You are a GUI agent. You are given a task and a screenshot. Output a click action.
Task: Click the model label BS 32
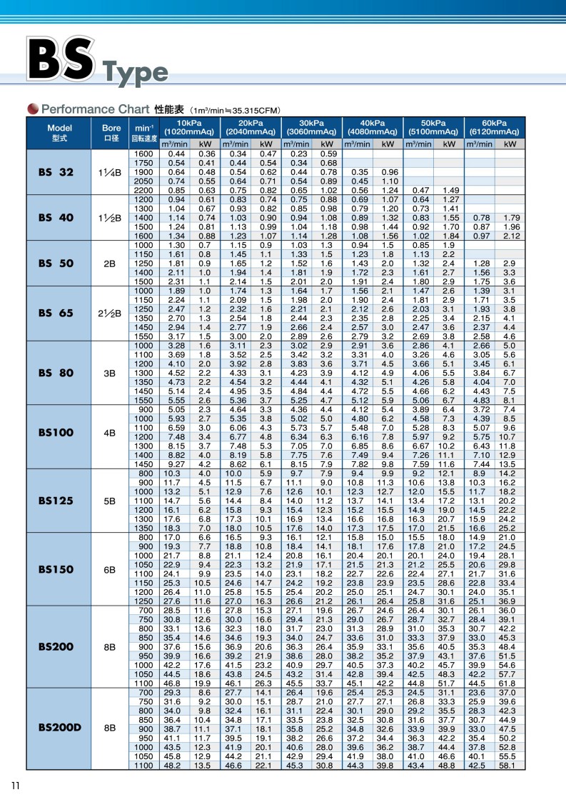(56, 172)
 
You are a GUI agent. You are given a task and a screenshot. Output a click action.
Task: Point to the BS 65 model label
(56, 312)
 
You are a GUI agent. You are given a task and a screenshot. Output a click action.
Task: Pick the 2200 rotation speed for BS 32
(143, 191)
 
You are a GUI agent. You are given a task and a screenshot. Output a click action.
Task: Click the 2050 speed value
(143, 181)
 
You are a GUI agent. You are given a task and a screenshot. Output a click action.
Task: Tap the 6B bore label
(110, 570)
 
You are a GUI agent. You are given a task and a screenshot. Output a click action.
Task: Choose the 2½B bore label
(110, 312)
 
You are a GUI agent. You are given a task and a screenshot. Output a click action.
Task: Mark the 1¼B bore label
(110, 173)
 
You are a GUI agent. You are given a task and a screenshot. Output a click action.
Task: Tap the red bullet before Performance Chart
(33, 109)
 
